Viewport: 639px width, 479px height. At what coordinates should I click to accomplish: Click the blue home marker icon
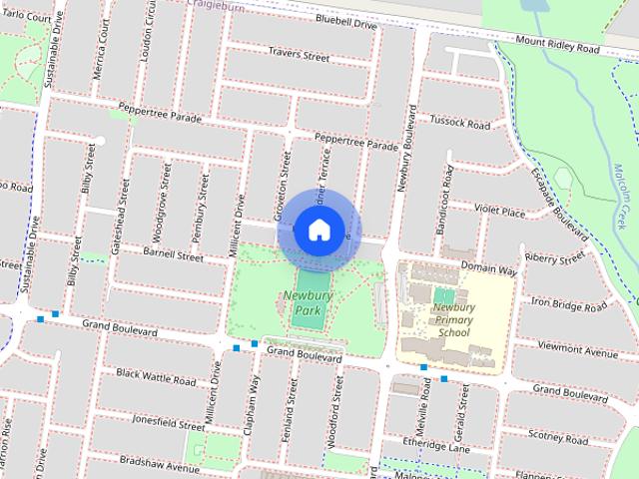click(x=319, y=231)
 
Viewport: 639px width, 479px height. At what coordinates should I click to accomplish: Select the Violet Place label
click(x=499, y=212)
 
